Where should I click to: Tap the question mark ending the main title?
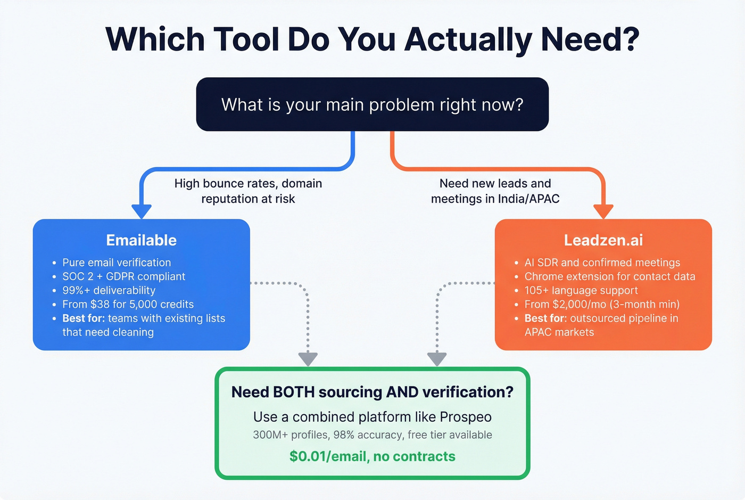628,39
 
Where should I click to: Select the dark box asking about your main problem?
372,104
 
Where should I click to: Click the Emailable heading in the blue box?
141,240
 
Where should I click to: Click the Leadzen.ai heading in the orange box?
603,240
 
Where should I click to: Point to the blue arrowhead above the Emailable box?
142,211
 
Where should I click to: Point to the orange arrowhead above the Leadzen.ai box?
603,211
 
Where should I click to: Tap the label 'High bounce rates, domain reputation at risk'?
248,191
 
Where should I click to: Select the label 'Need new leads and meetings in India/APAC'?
495,191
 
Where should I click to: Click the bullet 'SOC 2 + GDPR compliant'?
123,276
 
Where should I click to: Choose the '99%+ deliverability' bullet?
109,290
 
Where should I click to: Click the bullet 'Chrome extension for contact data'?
609,276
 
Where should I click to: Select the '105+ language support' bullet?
581,290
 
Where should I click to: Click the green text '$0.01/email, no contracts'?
372,456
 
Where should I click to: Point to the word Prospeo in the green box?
466,417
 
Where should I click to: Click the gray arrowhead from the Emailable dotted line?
308,359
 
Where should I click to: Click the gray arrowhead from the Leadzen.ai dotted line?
437,359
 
